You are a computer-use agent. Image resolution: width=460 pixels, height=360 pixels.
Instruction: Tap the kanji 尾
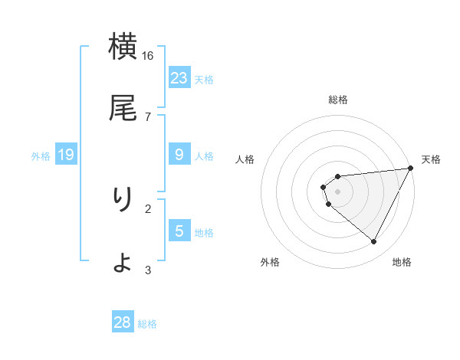[x=123, y=108]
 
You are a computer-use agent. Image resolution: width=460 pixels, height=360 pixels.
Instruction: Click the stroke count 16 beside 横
[x=148, y=56]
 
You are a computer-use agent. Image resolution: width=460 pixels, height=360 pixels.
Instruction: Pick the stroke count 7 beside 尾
[x=148, y=116]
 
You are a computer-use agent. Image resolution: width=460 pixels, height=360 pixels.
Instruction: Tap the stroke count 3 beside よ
[x=148, y=269]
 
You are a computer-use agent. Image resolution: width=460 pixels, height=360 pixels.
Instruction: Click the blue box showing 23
[x=179, y=77]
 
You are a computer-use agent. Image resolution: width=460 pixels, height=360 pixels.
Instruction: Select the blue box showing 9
[x=179, y=155]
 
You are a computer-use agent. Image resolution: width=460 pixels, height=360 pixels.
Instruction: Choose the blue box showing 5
[x=179, y=231]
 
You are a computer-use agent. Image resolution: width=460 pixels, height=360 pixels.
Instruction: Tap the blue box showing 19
[x=66, y=155]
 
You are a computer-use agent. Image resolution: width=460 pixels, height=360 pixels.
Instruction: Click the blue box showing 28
[x=123, y=322]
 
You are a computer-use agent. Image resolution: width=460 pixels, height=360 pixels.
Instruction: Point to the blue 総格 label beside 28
[x=147, y=324]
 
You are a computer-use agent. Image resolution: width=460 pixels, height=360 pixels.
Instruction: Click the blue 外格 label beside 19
[x=41, y=156]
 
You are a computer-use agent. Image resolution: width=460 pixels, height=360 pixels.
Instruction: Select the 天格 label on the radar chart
[x=431, y=159]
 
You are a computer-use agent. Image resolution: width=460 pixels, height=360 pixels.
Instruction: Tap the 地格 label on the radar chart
[x=402, y=262]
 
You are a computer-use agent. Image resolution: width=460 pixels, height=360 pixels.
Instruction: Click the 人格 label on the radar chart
[x=245, y=159]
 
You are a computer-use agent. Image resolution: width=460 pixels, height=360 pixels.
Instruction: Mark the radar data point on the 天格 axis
[x=412, y=169]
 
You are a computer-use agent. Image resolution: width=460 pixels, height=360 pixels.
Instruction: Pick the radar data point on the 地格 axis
[x=374, y=242]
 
